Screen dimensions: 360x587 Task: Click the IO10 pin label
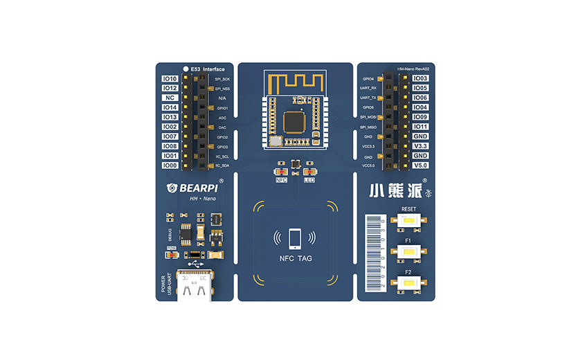170,78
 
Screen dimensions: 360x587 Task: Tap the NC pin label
170,98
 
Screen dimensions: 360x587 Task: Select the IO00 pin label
170,165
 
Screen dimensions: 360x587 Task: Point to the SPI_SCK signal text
222,79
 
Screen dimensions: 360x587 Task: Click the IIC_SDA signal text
222,165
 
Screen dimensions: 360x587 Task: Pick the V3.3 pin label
420,146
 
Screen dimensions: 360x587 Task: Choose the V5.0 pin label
420,165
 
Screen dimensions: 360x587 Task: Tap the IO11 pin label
420,127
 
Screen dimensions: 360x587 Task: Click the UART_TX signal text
368,98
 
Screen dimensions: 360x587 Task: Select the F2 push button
408,282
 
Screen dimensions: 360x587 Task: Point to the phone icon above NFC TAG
294,237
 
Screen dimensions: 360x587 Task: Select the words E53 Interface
208,69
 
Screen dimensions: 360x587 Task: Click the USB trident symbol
194,264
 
